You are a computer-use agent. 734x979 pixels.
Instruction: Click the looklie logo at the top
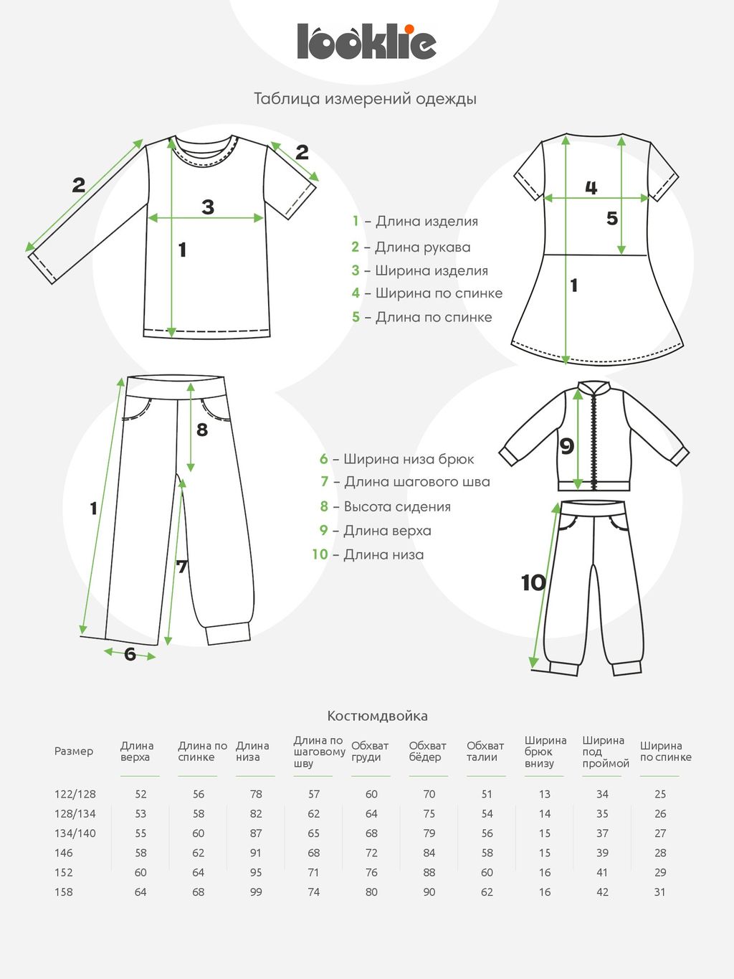click(x=366, y=42)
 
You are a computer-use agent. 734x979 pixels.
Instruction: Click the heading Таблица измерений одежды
click(x=365, y=98)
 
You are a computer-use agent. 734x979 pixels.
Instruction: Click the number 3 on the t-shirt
click(x=208, y=207)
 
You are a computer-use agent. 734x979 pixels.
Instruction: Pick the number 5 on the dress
click(x=611, y=218)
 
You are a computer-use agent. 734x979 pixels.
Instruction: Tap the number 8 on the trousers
click(x=202, y=430)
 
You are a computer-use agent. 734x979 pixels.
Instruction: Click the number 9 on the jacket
click(x=567, y=446)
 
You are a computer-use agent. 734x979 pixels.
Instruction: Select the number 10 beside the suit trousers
click(x=533, y=582)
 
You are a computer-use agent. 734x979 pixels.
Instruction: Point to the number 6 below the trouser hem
click(x=130, y=654)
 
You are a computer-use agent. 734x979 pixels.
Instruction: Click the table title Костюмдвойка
click(x=377, y=716)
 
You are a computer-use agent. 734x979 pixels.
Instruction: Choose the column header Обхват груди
click(x=370, y=752)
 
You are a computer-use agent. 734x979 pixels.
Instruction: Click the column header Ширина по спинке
click(x=665, y=752)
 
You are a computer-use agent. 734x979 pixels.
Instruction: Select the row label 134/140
click(x=75, y=833)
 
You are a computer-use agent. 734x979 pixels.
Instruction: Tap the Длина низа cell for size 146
click(x=256, y=853)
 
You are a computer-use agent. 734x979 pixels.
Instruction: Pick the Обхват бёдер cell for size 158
click(x=429, y=892)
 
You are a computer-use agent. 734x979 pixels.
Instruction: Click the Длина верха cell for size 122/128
click(x=140, y=794)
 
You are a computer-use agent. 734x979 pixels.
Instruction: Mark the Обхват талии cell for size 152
click(x=487, y=873)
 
